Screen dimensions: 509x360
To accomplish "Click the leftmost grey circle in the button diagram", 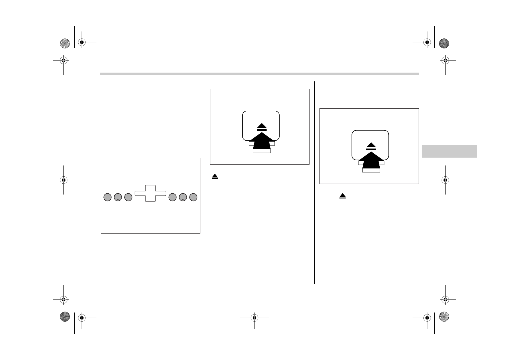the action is click(107, 197).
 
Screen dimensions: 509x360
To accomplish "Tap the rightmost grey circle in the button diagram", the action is click(193, 197).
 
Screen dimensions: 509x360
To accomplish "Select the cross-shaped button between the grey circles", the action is click(150, 193).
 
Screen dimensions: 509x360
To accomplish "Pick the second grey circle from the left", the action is click(118, 197).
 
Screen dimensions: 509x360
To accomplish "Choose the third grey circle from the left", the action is click(128, 197).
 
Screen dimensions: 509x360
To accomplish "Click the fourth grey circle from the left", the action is click(173, 197).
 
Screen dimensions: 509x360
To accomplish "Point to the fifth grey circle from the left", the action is click(183, 197).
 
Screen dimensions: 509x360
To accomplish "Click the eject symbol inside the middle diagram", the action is click(262, 127).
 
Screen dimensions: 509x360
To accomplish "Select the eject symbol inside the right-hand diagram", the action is click(371, 146).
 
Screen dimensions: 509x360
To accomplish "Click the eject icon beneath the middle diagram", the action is click(215, 177).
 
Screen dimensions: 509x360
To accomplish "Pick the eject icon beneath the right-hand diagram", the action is click(342, 196).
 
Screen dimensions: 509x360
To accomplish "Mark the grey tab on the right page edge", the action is click(449, 151).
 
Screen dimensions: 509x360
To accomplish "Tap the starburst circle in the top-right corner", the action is click(444, 43).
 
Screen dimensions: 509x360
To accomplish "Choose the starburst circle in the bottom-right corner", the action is click(444, 316).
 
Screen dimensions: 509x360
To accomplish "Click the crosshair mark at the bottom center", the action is click(254, 318).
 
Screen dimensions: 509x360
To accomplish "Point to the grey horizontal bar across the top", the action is click(259, 74).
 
